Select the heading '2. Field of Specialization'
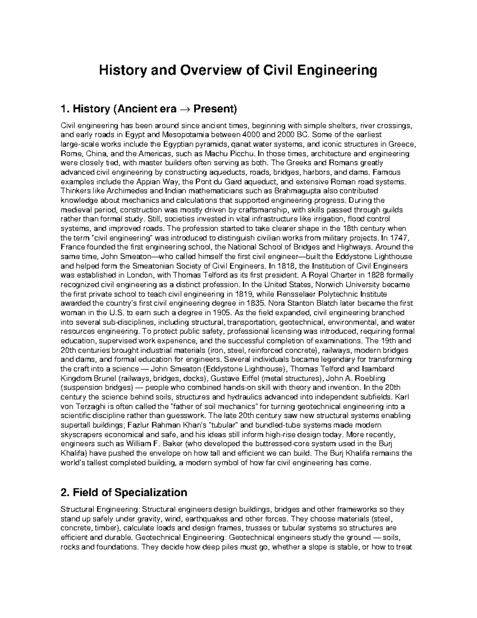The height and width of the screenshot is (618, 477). [123, 493]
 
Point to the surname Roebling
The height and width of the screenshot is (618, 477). [371, 378]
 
